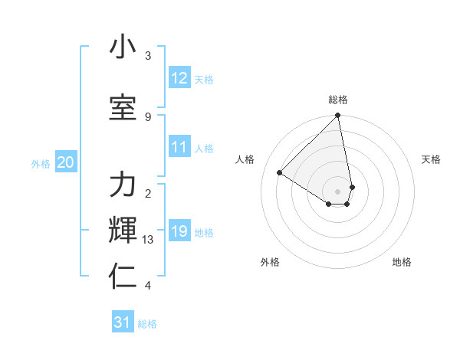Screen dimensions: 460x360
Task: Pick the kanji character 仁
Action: (123, 277)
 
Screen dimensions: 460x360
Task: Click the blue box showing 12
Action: (179, 78)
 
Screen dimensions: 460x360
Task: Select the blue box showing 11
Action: (179, 147)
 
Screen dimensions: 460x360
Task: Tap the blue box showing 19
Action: (179, 231)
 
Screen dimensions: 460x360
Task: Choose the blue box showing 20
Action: (66, 162)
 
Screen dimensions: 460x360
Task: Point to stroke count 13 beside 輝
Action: (148, 240)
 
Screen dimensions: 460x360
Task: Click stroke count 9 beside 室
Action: (148, 116)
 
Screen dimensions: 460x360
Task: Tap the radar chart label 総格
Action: (338, 100)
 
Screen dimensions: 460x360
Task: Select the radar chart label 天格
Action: (431, 159)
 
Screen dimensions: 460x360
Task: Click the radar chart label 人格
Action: (245, 159)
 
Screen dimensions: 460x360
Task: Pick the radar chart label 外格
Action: (270, 262)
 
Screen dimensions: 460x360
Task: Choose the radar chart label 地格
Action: (402, 262)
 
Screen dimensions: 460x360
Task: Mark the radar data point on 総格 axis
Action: (338, 116)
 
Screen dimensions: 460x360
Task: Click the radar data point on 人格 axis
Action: (280, 173)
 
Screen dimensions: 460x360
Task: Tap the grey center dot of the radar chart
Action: (338, 191)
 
